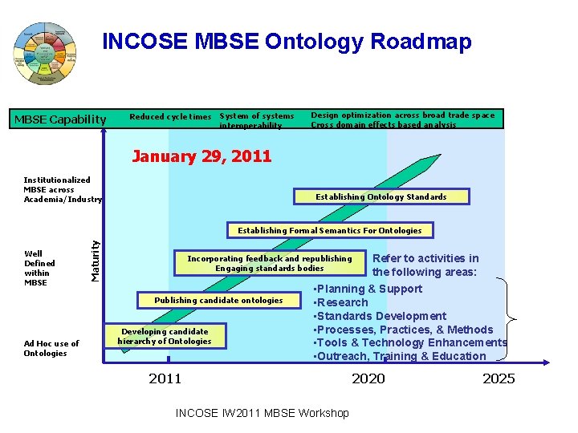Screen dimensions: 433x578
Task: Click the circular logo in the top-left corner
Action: click(x=45, y=54)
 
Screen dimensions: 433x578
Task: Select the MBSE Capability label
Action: click(x=60, y=120)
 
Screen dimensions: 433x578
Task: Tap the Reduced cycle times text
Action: click(x=170, y=117)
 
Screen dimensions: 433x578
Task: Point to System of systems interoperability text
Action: click(x=257, y=121)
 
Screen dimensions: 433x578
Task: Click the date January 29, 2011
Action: click(x=201, y=156)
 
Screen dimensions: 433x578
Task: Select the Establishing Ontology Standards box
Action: click(x=381, y=196)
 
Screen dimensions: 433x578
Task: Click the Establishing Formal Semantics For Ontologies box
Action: click(x=329, y=230)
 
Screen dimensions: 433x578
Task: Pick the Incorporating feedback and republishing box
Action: click(x=270, y=264)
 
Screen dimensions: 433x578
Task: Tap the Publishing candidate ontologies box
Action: click(x=218, y=300)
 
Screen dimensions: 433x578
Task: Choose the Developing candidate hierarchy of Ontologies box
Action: click(x=165, y=337)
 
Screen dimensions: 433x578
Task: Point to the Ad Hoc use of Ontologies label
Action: click(x=51, y=349)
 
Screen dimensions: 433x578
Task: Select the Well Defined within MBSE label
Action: click(x=39, y=269)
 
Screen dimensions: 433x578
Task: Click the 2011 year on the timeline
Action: click(x=165, y=378)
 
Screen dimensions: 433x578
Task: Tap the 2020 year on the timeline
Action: click(x=368, y=378)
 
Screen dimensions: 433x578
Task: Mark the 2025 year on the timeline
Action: click(x=499, y=378)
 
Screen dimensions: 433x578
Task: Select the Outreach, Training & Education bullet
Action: click(x=401, y=356)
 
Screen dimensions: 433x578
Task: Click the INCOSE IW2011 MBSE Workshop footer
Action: click(x=262, y=413)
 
